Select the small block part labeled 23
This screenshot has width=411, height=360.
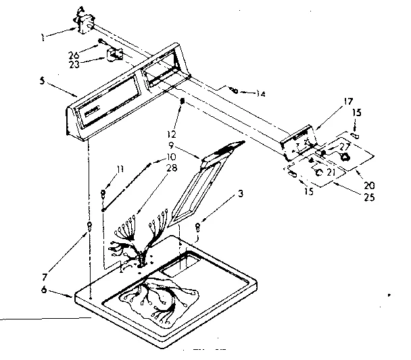coord(115,55)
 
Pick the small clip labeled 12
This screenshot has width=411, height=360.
coord(183,101)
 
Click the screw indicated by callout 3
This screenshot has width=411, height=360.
coord(197,227)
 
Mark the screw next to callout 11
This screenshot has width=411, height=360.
coord(103,195)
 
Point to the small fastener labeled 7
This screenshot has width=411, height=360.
coord(89,225)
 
